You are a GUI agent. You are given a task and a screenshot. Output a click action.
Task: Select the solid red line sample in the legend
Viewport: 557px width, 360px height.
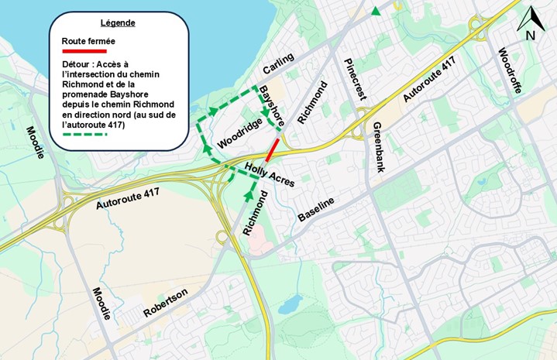pos(84,50)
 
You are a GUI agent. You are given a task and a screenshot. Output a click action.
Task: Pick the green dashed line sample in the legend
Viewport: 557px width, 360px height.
pos(84,133)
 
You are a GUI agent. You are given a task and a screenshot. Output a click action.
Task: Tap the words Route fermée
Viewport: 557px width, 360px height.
pos(87,40)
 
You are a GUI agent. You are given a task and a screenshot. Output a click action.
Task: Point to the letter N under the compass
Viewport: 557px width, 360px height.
pos(531,36)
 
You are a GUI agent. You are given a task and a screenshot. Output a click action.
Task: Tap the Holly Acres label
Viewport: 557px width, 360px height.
pos(270,179)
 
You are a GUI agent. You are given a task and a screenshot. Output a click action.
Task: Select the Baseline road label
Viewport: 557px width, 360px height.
pos(317,210)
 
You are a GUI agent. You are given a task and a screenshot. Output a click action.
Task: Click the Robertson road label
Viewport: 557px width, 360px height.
pos(165,303)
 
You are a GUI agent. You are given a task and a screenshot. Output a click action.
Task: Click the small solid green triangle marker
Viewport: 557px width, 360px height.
pos(376,11)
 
